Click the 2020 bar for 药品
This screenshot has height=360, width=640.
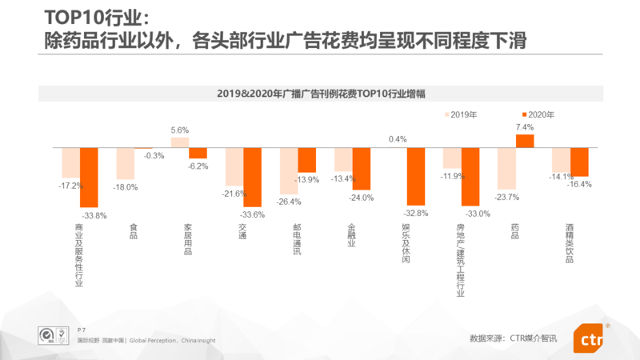[525, 141]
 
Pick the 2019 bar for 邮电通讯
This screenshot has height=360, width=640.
[289, 171]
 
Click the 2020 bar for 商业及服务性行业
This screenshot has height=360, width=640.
[89, 177]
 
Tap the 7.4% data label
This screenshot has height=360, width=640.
[525, 127]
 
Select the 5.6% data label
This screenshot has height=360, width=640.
[180, 130]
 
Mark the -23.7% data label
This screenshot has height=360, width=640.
[506, 197]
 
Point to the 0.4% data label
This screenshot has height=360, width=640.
[398, 139]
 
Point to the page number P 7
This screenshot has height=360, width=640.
[82, 329]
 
